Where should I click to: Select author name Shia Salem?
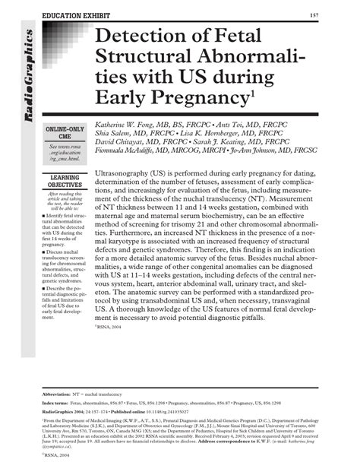tap(115, 132)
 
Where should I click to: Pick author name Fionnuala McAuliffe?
tap(134, 150)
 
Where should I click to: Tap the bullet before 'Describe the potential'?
tap(47, 290)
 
